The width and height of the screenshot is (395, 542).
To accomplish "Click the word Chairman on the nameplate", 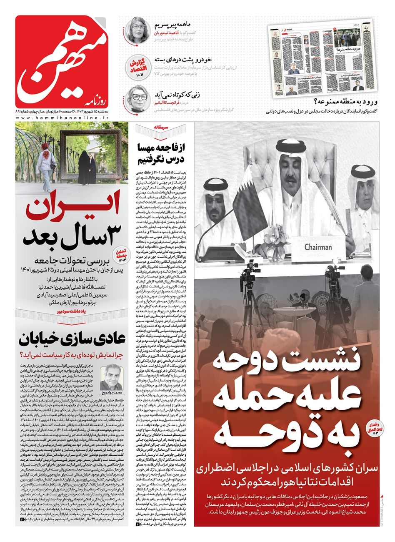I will click(x=318, y=247).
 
